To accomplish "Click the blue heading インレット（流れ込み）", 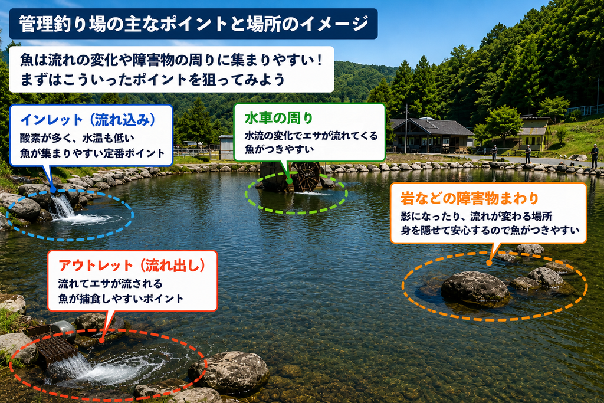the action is click(88, 120).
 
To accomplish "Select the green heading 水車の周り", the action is click(278, 118).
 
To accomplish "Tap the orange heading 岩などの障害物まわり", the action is click(470, 198).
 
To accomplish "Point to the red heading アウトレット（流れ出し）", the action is click(132, 266).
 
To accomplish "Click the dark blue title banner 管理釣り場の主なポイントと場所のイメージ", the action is click(193, 24).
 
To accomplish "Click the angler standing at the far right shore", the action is click(595, 156).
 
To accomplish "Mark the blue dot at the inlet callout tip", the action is click(53, 190).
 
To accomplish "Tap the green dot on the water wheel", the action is click(289, 181).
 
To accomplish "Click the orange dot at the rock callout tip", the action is click(489, 263).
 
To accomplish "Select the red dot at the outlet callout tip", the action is click(101, 340).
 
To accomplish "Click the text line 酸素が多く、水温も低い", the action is click(77, 138).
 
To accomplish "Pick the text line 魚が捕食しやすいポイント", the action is click(121, 299).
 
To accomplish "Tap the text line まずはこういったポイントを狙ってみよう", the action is click(153, 80).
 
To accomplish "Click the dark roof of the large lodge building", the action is click(431, 126).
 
